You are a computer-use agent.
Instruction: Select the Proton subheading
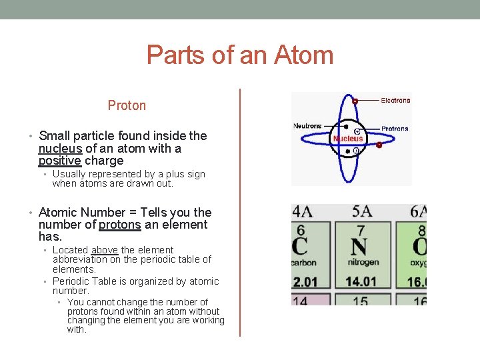(x=127, y=105)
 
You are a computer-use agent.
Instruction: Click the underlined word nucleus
(x=60, y=148)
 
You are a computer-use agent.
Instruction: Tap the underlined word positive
(x=60, y=161)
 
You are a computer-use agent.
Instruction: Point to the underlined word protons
(x=120, y=225)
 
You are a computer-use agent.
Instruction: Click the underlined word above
(x=105, y=250)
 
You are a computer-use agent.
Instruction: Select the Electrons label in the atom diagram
(x=395, y=101)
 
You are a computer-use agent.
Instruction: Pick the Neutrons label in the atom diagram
(x=307, y=126)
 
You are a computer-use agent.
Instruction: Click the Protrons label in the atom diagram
(x=395, y=129)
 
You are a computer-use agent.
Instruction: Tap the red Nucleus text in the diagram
(x=348, y=139)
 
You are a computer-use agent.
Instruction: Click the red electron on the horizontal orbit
(x=379, y=145)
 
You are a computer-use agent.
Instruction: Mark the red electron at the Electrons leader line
(x=355, y=101)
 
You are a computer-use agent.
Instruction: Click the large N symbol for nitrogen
(x=359, y=247)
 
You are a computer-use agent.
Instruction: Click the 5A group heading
(x=362, y=211)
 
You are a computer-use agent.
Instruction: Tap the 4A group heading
(x=302, y=211)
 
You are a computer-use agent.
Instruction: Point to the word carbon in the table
(x=303, y=263)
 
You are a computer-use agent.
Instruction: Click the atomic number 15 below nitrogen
(x=360, y=301)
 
